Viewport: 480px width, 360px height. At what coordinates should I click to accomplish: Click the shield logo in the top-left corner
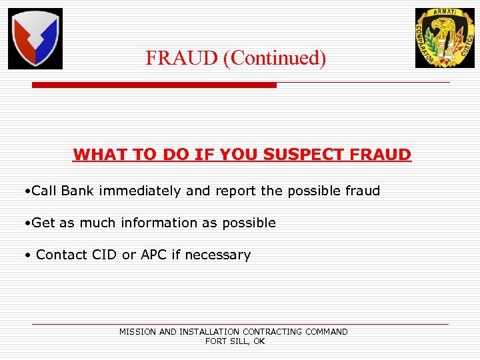click(x=35, y=39)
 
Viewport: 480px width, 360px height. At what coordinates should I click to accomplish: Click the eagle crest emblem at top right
click(x=445, y=38)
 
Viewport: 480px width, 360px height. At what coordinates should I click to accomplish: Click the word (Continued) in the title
click(x=274, y=59)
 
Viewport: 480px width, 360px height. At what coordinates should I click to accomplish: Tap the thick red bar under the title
click(x=154, y=85)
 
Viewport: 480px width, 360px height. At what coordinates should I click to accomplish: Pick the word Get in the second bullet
click(x=43, y=223)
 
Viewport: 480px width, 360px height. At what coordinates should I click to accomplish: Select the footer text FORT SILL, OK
click(x=235, y=341)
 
